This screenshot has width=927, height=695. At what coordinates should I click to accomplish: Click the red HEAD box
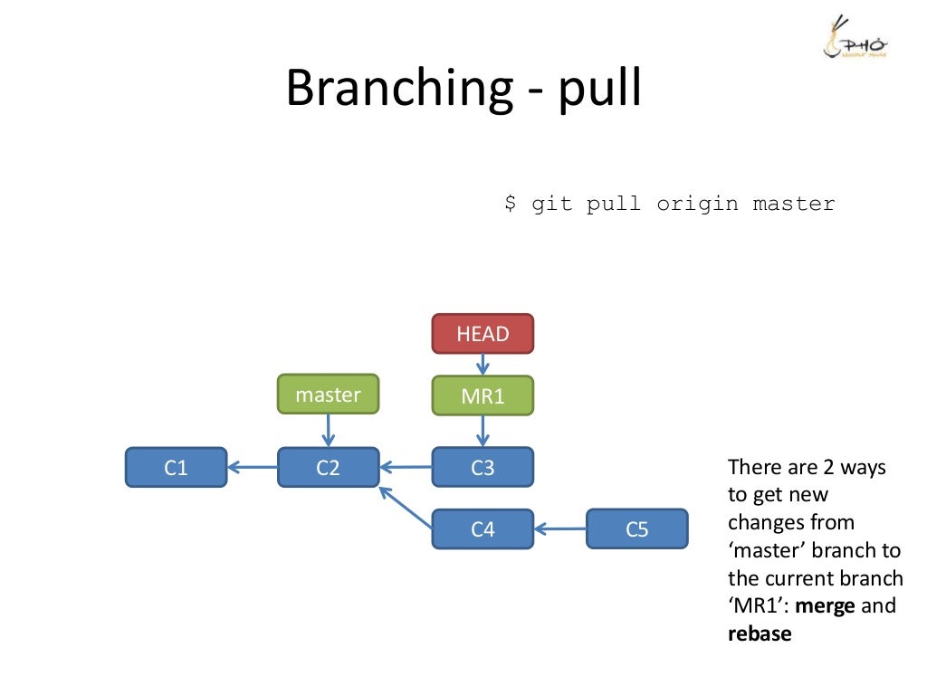pos(483,333)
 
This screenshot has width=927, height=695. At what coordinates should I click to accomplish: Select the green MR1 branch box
pos(483,395)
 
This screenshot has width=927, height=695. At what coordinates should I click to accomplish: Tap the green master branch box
pos(328,395)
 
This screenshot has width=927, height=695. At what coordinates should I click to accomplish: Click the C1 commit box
pos(176,468)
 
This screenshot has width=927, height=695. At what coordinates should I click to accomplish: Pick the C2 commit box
pos(328,468)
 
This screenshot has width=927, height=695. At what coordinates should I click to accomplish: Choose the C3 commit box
pos(483,468)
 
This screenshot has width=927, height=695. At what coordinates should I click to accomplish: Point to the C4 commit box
pos(483,529)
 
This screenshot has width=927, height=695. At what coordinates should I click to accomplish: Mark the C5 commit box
pos(637,529)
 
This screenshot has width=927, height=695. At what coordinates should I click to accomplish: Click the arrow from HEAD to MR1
pos(483,364)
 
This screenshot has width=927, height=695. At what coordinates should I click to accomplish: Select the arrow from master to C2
pos(328,431)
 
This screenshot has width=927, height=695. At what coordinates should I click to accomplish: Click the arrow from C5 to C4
pos(560,529)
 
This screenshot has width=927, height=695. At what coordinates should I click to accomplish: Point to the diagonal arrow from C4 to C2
pos(405,507)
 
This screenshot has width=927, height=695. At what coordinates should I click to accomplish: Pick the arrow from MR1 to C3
pos(483,431)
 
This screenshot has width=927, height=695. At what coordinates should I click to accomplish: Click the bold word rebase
pos(760,633)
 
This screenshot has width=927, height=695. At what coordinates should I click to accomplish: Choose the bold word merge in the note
pos(824,605)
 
